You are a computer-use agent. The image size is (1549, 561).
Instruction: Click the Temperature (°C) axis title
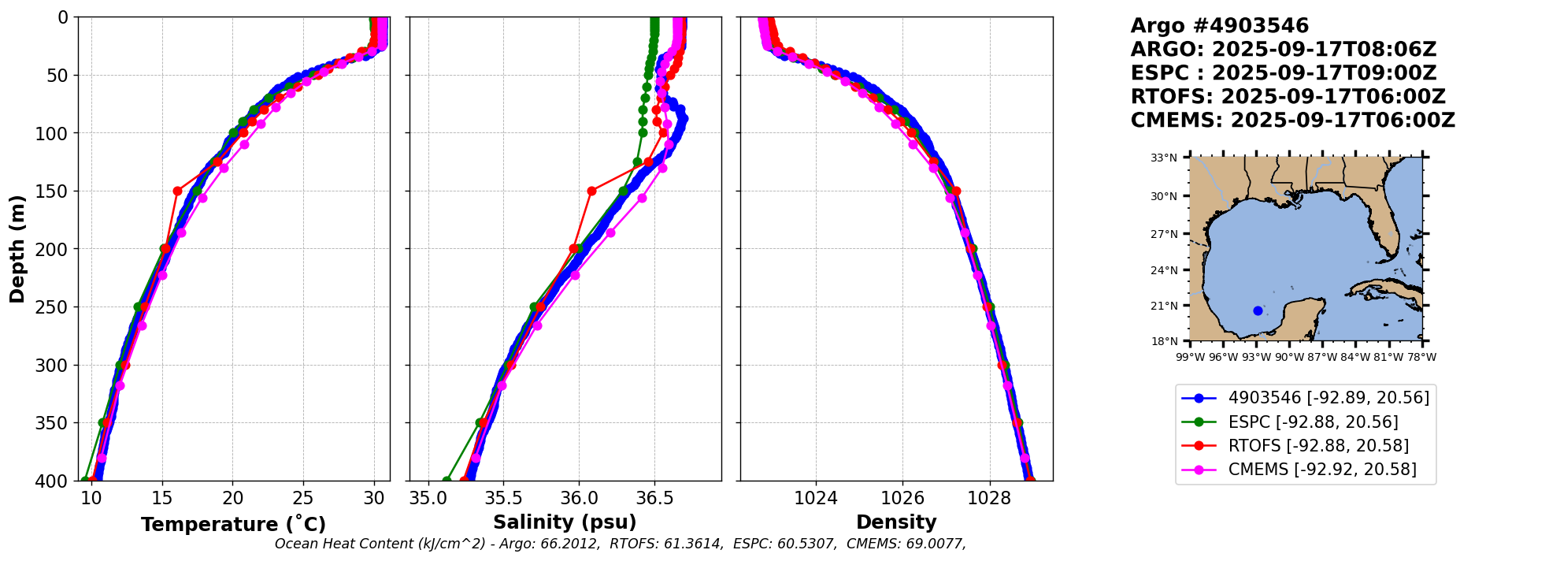(x=233, y=524)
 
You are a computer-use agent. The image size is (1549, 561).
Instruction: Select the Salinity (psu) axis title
(x=565, y=522)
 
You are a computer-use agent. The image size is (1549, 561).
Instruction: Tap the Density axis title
(x=896, y=522)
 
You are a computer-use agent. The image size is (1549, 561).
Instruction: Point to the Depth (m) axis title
(x=17, y=249)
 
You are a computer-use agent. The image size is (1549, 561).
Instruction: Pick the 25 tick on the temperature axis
(x=303, y=498)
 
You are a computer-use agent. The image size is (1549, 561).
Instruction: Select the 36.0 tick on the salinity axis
(x=579, y=498)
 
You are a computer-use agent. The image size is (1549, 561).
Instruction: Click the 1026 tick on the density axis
(x=902, y=498)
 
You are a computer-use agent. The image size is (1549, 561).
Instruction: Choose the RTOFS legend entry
(x=1318, y=446)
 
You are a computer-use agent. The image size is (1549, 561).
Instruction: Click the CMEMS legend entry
(x=1322, y=470)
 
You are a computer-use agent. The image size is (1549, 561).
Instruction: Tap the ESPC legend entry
(x=1313, y=422)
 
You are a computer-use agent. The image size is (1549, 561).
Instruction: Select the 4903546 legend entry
(x=1329, y=398)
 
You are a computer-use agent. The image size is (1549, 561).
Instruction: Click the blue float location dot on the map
(x=1258, y=310)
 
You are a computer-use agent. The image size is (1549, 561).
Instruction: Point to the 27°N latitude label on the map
(x=1164, y=234)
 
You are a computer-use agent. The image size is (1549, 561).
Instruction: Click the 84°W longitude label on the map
(x=1355, y=357)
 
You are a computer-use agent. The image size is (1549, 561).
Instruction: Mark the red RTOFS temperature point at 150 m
(x=177, y=191)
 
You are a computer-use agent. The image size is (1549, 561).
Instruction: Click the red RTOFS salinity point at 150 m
(x=591, y=191)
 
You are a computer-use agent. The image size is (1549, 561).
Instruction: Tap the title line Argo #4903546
(x=1219, y=26)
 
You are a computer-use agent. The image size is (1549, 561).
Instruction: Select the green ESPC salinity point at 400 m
(x=447, y=480)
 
